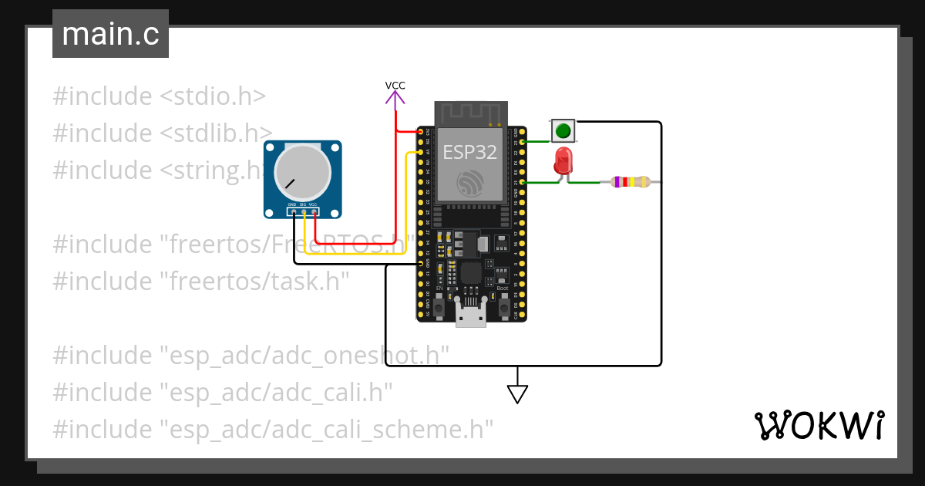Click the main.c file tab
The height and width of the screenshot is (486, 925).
110,34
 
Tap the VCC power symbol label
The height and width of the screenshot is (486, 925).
395,86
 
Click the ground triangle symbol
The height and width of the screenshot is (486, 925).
517,394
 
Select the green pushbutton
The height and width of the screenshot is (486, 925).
563,130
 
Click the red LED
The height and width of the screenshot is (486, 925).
563,160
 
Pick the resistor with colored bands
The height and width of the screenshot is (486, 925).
630,182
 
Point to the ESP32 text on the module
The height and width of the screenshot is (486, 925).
470,152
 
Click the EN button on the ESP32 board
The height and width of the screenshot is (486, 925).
439,307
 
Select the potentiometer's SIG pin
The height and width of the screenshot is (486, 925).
304,211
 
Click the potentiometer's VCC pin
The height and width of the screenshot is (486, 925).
314,211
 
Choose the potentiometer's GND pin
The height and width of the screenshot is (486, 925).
293,211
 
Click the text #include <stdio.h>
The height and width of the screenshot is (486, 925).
160,96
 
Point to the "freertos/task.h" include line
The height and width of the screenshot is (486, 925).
201,281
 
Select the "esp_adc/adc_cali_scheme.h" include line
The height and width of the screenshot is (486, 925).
273,428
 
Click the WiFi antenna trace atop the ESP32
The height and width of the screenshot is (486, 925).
471,113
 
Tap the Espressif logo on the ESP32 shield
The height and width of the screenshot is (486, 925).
470,184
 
